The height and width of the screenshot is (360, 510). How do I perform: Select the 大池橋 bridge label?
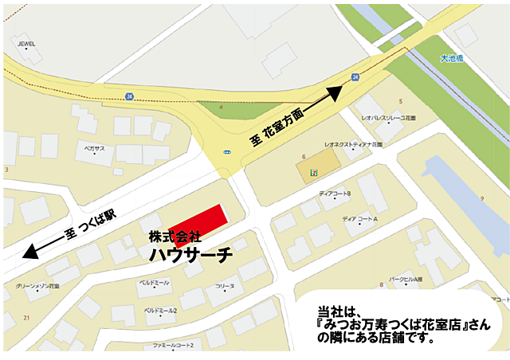tap(452, 58)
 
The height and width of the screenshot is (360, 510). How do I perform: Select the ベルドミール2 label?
tap(160, 309)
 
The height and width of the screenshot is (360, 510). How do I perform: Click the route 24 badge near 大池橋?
tap(355, 76)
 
